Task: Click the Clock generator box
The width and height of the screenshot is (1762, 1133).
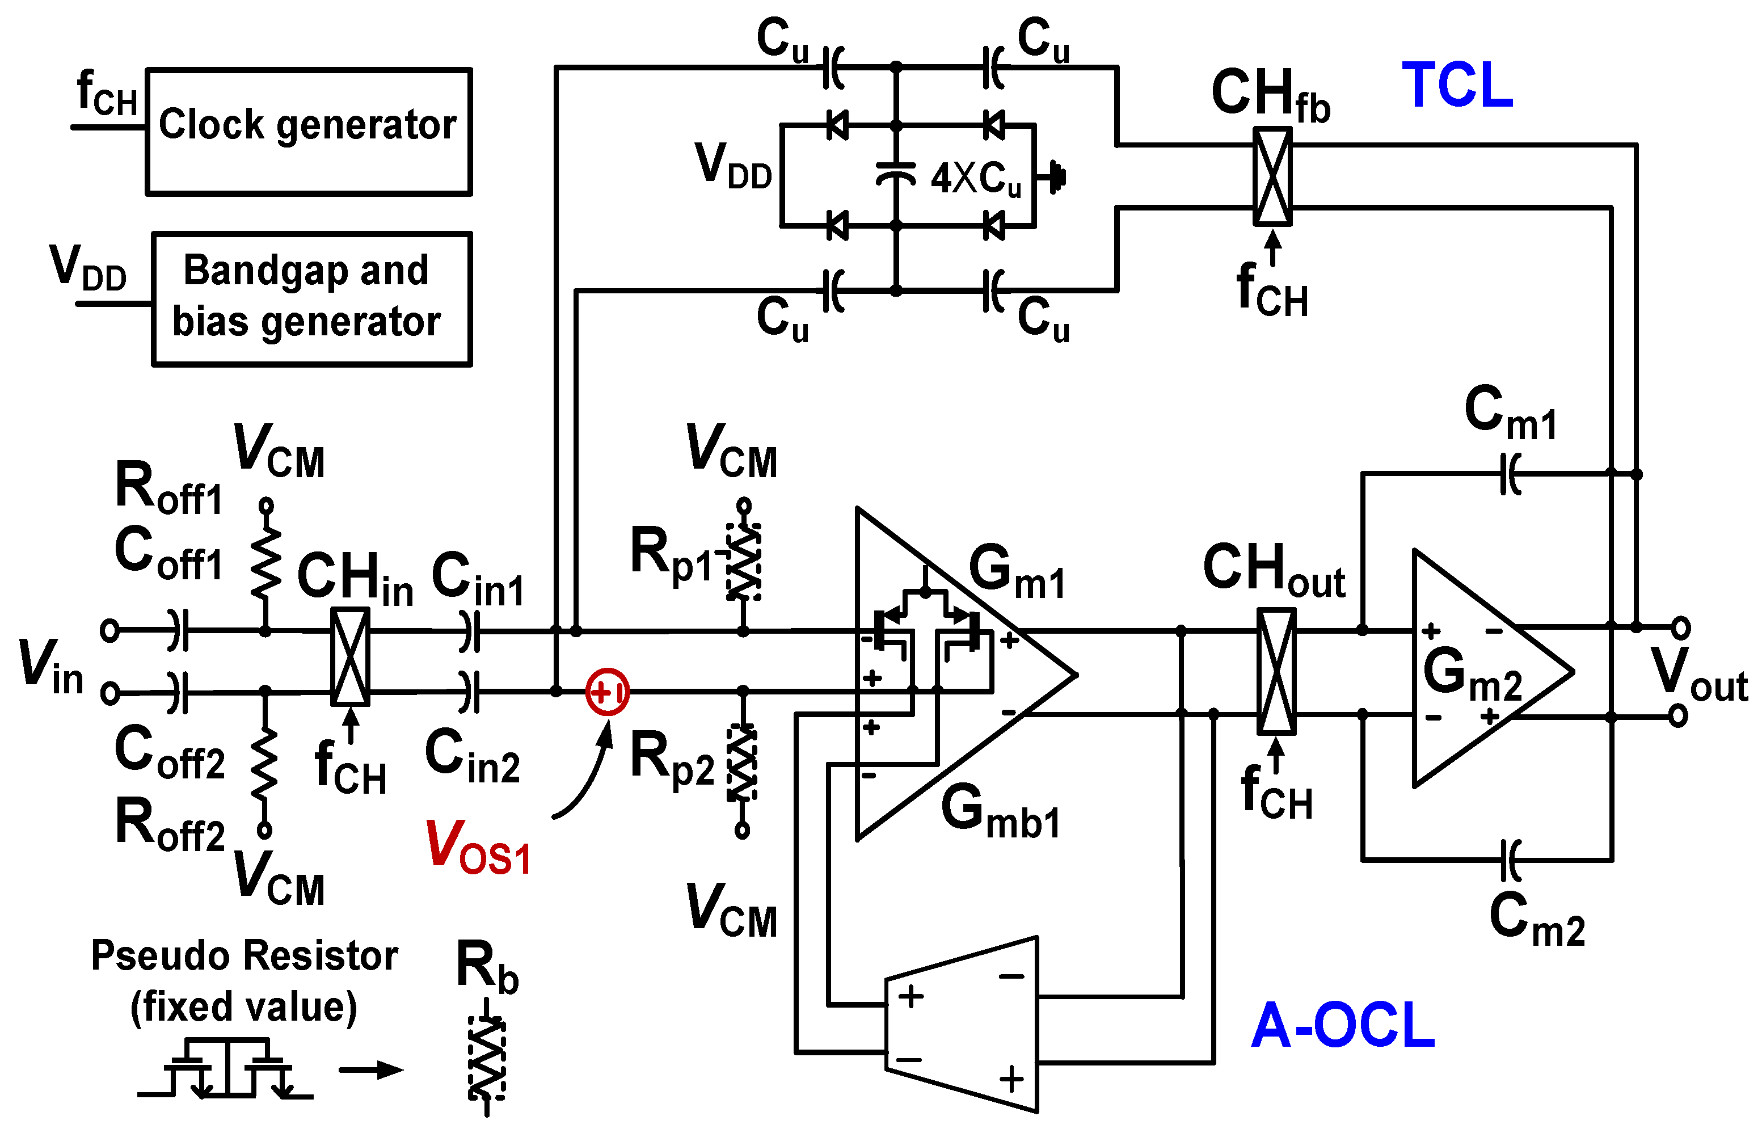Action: tap(308, 132)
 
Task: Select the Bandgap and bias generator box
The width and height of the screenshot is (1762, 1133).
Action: tap(311, 298)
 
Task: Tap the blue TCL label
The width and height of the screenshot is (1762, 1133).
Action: tap(1457, 86)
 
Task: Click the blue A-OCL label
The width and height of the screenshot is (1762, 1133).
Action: tap(1343, 1026)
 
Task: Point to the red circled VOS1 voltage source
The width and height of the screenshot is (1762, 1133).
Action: tap(607, 692)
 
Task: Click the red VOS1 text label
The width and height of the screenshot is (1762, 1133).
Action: tap(478, 848)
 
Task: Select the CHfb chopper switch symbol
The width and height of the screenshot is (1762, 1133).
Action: tap(1272, 176)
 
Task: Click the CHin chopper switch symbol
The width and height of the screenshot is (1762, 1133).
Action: tap(350, 657)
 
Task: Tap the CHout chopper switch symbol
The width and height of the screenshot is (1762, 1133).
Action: tap(1276, 672)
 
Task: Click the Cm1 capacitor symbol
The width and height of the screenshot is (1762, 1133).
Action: tap(1510, 474)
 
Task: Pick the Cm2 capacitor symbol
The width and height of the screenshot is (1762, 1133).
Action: tap(1510, 860)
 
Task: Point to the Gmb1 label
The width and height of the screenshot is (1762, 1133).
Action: tap(1001, 811)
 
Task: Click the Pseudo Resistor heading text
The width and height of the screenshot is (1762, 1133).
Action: tap(245, 955)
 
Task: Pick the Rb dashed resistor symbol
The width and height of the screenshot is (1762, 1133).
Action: tap(486, 1059)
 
